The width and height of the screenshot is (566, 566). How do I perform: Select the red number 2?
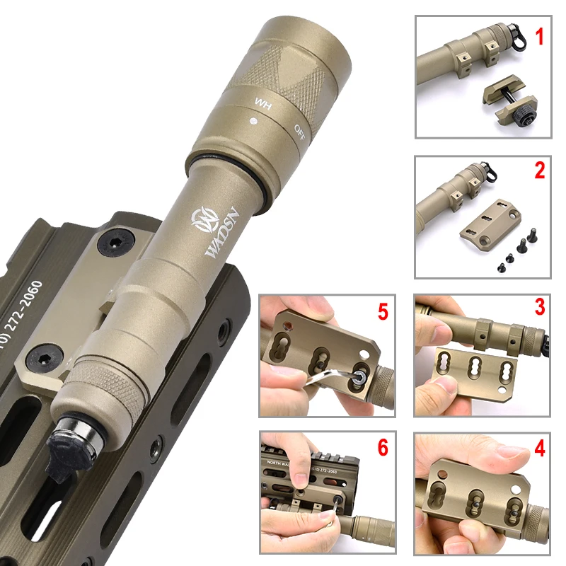click(539, 171)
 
